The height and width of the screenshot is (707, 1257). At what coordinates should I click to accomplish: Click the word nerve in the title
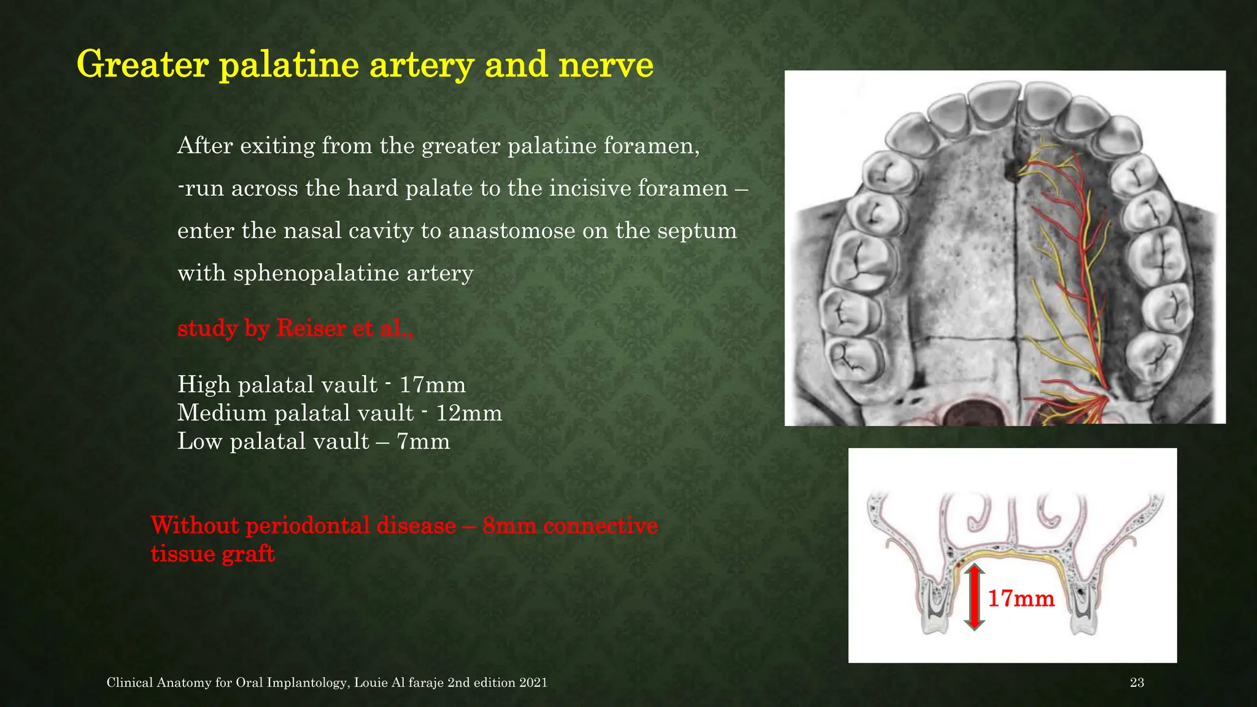click(x=606, y=65)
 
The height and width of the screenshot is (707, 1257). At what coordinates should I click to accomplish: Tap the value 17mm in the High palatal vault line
click(x=432, y=385)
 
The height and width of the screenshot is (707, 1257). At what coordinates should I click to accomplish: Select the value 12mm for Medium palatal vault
click(x=469, y=413)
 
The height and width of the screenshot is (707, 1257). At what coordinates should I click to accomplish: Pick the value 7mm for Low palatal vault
click(x=423, y=441)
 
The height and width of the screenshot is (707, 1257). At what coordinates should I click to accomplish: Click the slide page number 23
click(x=1137, y=682)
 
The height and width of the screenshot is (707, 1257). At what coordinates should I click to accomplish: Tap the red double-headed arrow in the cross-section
click(x=974, y=597)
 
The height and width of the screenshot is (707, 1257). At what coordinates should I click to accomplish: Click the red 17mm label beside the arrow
click(x=1021, y=598)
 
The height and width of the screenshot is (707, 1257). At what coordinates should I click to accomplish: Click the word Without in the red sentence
click(x=195, y=526)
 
